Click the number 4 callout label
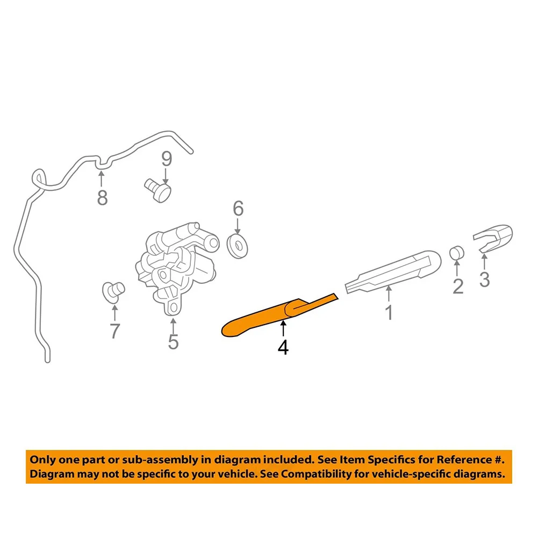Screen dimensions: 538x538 point(283,348)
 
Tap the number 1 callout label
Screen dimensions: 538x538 point(389,313)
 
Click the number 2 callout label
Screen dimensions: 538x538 point(458,286)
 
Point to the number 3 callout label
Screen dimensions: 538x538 point(484,279)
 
